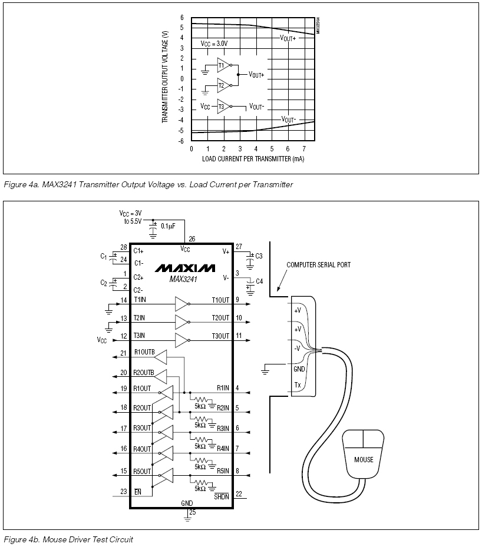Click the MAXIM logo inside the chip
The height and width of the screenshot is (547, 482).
(x=185, y=268)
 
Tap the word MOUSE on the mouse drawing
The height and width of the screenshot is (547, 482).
(x=364, y=459)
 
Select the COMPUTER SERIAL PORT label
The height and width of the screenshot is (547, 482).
(x=318, y=265)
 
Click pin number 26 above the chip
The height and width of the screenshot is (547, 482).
(x=192, y=239)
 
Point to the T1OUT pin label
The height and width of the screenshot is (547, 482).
(x=220, y=300)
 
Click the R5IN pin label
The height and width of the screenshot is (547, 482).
(x=223, y=471)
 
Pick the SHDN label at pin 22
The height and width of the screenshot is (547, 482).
(x=222, y=496)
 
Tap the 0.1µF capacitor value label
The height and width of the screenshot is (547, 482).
(x=169, y=226)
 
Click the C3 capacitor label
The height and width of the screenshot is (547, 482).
(x=259, y=256)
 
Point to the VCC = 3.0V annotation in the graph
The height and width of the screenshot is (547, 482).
(x=214, y=44)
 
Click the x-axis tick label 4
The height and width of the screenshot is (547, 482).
(x=256, y=149)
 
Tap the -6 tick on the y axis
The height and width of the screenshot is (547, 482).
(x=181, y=141)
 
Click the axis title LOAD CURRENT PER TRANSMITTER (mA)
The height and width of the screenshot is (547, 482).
(x=253, y=159)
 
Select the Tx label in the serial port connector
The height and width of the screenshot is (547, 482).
(x=298, y=384)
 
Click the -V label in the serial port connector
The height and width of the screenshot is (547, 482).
(x=297, y=348)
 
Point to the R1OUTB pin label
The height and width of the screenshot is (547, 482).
(x=144, y=352)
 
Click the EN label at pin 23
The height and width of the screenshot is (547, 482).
(x=138, y=492)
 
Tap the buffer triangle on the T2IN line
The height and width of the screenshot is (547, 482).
(x=182, y=322)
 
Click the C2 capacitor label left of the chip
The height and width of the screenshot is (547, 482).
(x=104, y=283)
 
